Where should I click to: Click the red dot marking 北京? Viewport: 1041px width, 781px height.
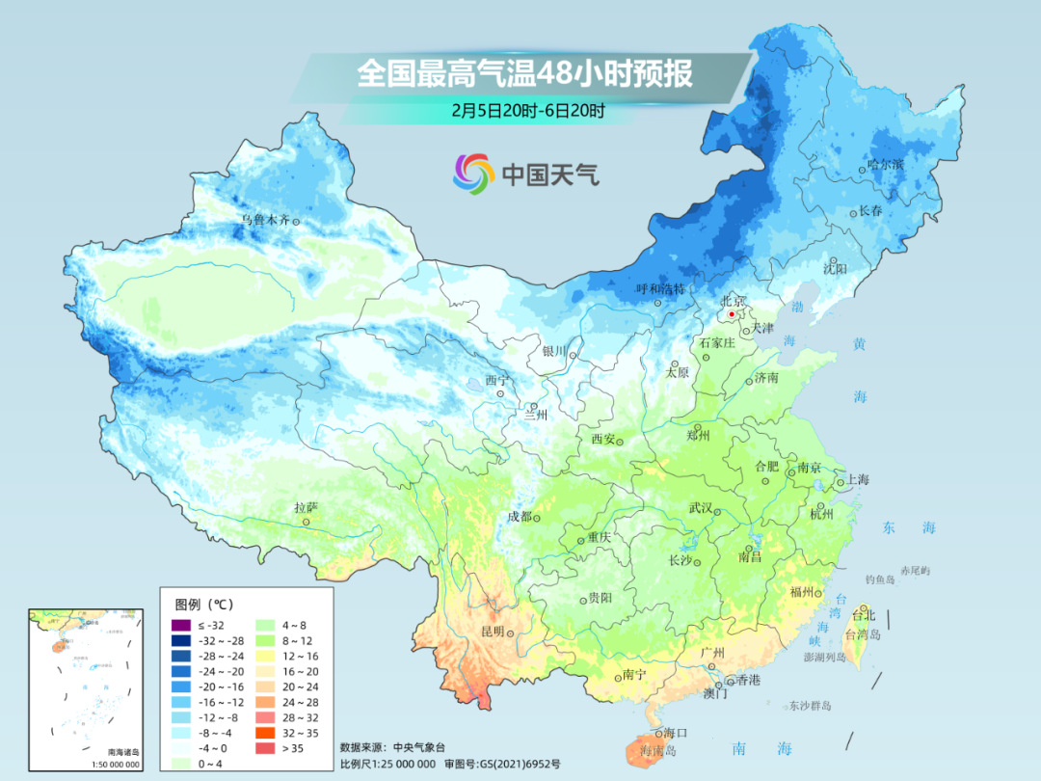coord(733,314)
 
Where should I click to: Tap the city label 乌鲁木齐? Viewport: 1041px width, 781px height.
coord(265,220)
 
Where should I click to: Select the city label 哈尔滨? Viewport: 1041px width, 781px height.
coord(885,165)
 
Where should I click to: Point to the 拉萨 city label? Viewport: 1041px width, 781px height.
coord(306,507)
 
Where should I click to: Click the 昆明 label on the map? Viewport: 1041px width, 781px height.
coord(492,631)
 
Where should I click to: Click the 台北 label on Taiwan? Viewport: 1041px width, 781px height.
coord(865,614)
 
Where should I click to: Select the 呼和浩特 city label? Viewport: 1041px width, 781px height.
coord(660,288)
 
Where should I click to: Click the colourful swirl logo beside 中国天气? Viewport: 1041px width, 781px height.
coord(474,174)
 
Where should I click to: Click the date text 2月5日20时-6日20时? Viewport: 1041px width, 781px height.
coord(527,110)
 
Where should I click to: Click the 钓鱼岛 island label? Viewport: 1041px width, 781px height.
coord(881,579)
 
